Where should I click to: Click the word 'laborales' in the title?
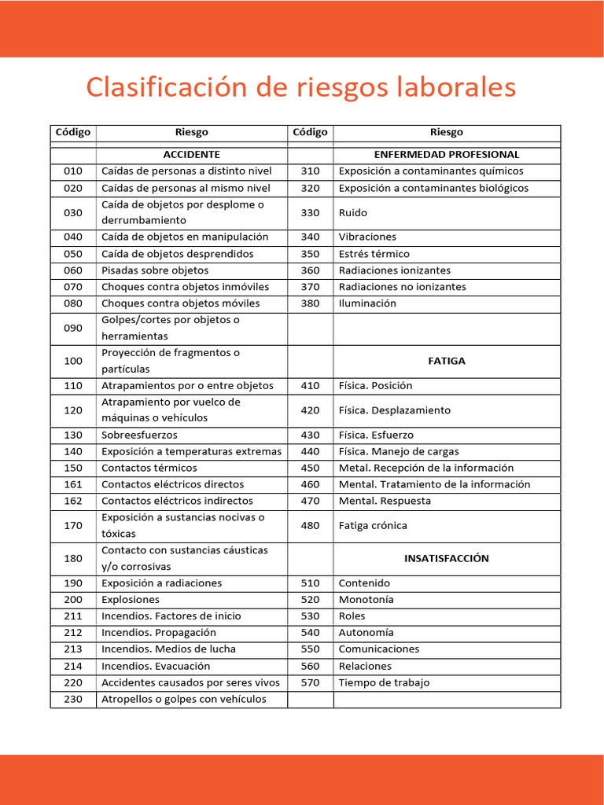(x=456, y=87)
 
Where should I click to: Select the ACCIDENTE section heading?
(x=191, y=154)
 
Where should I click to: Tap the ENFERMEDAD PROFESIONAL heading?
(x=447, y=154)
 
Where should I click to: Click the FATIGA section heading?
(x=447, y=361)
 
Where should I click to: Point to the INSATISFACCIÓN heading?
(x=447, y=558)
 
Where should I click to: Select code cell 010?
(x=72, y=171)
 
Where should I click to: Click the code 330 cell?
(x=310, y=212)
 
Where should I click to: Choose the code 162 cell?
(x=72, y=501)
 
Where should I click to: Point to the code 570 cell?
(x=310, y=682)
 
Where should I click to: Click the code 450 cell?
(x=310, y=468)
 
